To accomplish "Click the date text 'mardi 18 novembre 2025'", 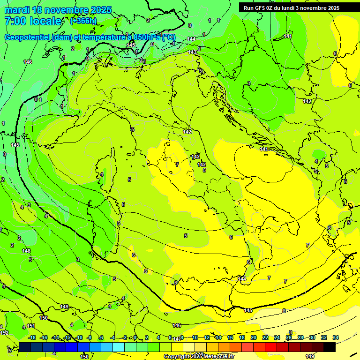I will [58, 10].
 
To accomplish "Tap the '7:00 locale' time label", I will [33, 21].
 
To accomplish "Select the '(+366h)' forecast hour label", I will [83, 21].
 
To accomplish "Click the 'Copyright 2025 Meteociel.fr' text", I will [199, 356].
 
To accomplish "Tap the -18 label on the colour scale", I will [32, 337].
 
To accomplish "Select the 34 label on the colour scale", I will [336, 337].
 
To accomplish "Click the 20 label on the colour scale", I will [254, 337].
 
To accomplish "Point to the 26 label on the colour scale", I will [289, 337].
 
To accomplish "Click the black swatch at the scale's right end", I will [330, 347].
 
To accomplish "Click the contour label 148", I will [26, 251].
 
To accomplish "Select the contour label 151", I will [31, 326].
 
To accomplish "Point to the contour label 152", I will [4, 333].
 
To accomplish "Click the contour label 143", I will [192, 52].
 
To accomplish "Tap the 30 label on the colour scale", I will [312, 337].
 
